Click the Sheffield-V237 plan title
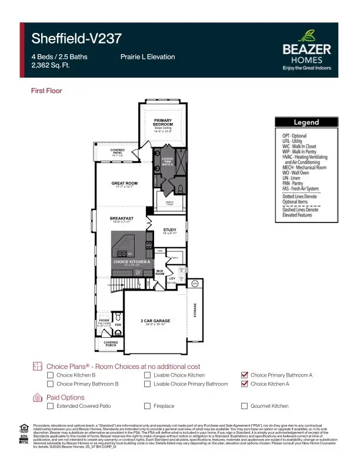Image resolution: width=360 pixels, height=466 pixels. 76,39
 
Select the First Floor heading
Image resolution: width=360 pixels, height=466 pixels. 46,91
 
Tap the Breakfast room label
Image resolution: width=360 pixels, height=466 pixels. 122,218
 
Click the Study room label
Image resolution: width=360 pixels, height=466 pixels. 170,231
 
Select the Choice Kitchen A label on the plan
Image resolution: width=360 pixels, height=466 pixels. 128,261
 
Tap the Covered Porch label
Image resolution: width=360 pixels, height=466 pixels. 111,343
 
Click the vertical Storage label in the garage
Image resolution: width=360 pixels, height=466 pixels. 195,310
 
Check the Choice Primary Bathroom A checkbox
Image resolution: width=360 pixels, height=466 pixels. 245,375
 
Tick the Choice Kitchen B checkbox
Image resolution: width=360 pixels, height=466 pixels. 51,375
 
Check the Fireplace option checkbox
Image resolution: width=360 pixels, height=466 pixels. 148,406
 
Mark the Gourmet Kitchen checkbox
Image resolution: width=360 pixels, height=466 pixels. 245,406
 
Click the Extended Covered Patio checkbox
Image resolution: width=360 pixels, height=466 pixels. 51,406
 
